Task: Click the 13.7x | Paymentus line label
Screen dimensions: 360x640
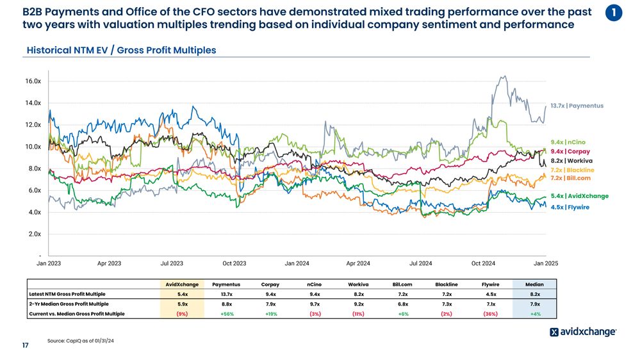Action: (x=577, y=106)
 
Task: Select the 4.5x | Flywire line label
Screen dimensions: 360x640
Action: (x=570, y=208)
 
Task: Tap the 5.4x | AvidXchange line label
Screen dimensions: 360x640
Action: (x=579, y=196)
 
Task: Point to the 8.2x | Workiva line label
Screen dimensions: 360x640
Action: (x=571, y=161)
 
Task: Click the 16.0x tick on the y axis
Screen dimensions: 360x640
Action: (x=33, y=81)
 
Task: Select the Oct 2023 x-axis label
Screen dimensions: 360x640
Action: (x=234, y=263)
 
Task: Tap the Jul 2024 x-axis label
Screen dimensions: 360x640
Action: (x=420, y=263)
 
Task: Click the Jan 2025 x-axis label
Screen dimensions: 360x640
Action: (x=546, y=263)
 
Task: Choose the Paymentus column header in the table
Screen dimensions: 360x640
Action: (x=226, y=284)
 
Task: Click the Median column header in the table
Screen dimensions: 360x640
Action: (x=534, y=284)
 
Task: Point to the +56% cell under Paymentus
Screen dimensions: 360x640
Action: (x=226, y=314)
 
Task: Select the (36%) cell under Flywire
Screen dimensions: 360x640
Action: (x=490, y=314)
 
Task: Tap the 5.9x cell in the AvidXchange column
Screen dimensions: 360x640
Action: (x=182, y=304)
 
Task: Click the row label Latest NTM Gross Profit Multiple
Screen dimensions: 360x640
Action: (x=67, y=294)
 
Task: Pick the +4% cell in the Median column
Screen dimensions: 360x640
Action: (x=534, y=314)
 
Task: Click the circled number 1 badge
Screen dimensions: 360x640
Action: (x=614, y=12)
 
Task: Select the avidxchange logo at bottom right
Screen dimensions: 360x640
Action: (x=583, y=332)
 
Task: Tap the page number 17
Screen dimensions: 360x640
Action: (x=25, y=346)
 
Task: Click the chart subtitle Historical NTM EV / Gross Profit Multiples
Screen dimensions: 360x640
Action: (x=121, y=50)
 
